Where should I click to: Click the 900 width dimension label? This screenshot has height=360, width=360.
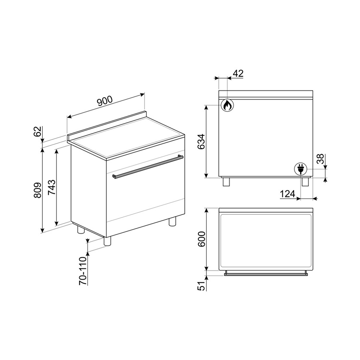[x=105, y=101]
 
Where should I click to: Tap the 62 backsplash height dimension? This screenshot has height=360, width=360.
[x=38, y=132]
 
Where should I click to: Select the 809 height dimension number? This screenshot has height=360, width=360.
[x=37, y=190]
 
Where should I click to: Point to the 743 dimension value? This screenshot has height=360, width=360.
[x=52, y=187]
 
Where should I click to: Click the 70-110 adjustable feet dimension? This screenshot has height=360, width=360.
[x=83, y=271]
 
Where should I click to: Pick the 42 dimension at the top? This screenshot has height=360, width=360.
[x=238, y=74]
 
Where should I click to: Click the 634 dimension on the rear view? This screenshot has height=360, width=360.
[x=201, y=142]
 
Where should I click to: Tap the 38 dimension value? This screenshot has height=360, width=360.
[x=320, y=159]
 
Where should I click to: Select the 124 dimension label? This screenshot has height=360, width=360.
[x=288, y=194]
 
